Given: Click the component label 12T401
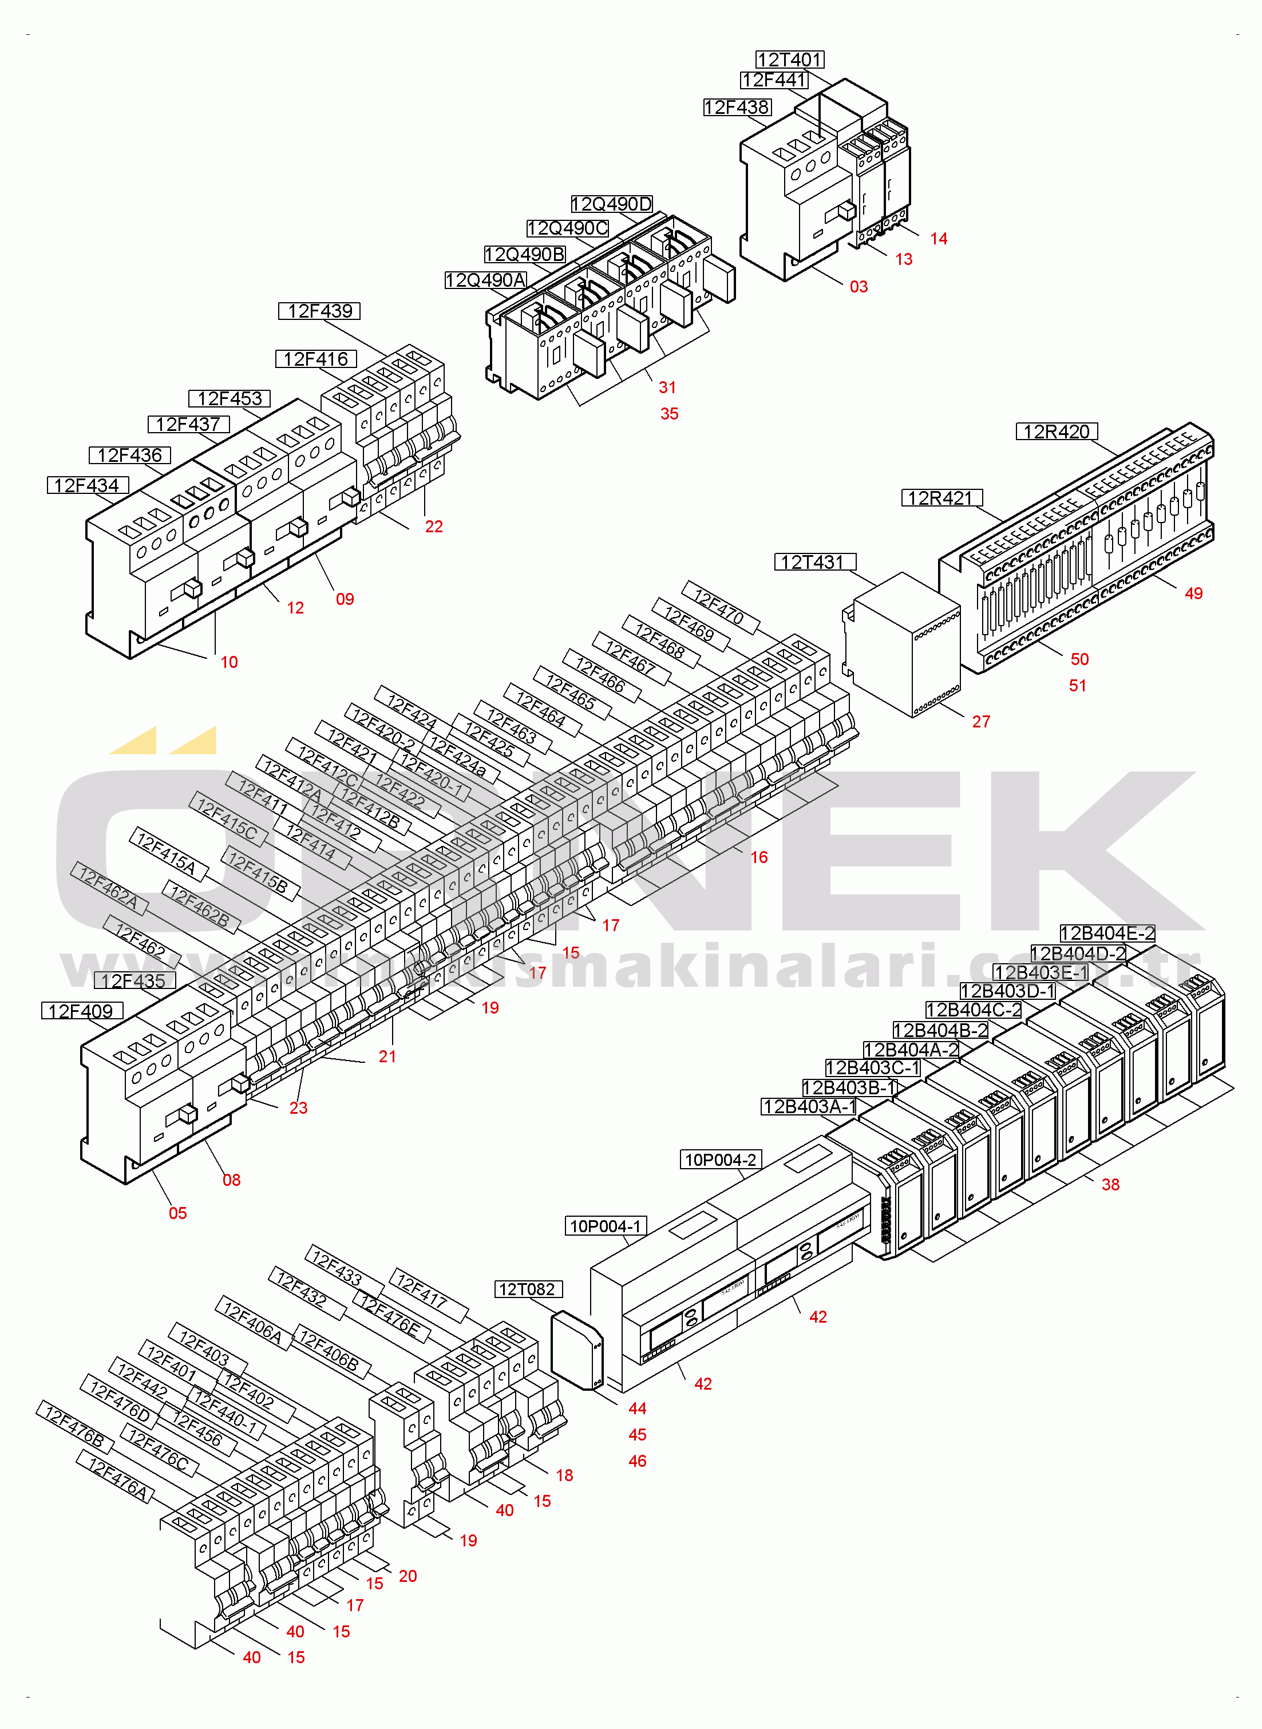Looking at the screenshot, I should pos(790,60).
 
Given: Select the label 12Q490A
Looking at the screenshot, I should pos(485,280).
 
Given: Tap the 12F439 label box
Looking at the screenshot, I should pos(319,311).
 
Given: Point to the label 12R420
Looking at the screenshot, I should pos(1056,432).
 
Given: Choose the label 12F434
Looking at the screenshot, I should pos(86,485).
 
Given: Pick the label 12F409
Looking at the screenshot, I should pos(81,1011).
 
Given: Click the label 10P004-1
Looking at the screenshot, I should pos(606,1226).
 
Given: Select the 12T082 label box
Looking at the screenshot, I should pos(527,1289).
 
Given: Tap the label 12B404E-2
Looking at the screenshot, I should pos(1107,933).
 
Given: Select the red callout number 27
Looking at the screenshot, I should pos(981,722).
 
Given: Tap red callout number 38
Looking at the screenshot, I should pos(1110,1185).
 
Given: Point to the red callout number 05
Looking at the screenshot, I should pos(177,1213).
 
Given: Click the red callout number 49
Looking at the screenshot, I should pos(1193,594).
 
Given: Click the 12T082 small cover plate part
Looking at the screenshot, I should pos(577,1351).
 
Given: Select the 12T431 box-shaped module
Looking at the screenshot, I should pos(901,646).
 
